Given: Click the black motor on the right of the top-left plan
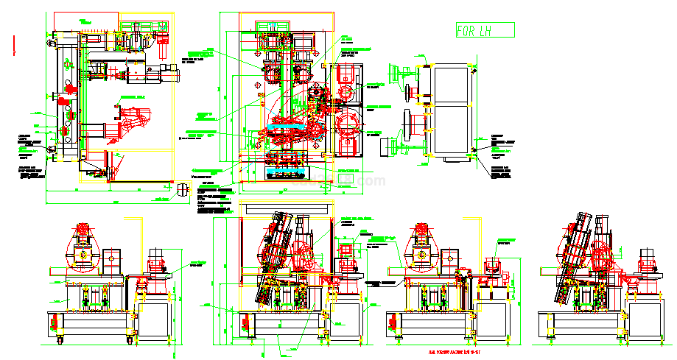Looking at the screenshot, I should coord(151,74).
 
